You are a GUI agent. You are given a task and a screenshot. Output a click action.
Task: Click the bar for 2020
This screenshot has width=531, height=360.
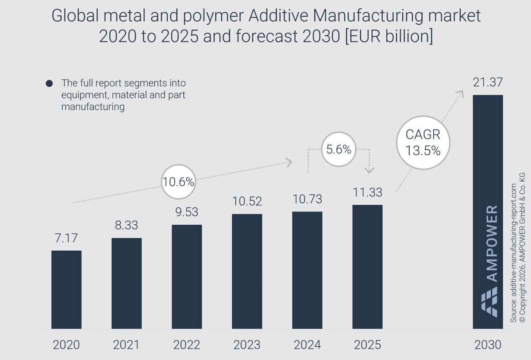(x=66, y=290)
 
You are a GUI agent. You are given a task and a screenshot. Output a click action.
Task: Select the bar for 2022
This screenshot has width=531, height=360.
(x=187, y=277)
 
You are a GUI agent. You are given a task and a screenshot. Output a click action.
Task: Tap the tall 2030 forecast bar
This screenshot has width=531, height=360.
(x=488, y=177)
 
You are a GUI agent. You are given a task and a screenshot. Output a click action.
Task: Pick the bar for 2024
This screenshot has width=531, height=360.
(x=307, y=270)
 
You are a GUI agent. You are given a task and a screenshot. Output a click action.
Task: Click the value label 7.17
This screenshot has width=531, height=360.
(x=66, y=238)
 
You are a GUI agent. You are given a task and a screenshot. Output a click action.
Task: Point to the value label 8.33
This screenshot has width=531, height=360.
(x=126, y=226)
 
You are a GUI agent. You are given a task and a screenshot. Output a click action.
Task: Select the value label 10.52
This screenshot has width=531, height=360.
(x=247, y=201)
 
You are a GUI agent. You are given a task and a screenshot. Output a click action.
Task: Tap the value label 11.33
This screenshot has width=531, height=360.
(x=367, y=193)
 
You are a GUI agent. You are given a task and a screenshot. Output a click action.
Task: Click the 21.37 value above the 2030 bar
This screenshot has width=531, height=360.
(x=488, y=82)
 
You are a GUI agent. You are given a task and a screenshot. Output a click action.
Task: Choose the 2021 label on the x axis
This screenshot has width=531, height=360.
(x=127, y=345)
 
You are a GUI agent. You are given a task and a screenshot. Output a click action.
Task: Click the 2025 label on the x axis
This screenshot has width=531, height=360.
(x=367, y=345)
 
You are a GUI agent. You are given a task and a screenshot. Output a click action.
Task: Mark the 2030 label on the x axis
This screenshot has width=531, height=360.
(x=488, y=345)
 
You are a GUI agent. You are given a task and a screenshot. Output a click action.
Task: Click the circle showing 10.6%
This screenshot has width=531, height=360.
(x=178, y=182)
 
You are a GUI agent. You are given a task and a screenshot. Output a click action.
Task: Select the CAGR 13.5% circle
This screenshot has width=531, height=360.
(x=423, y=142)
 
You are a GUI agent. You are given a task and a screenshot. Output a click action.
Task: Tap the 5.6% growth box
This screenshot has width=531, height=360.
(x=339, y=149)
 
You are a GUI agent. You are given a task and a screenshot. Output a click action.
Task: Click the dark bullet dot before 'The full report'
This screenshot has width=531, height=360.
(x=50, y=83)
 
